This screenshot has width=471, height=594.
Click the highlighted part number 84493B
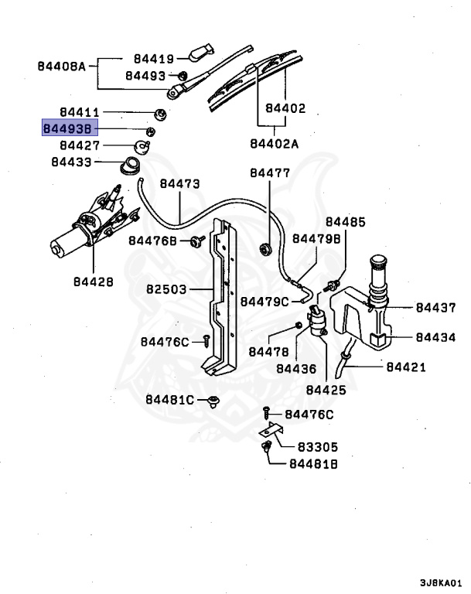coord(70,128)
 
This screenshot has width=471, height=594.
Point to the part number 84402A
coord(274,143)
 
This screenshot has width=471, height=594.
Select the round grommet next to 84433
coord(131,164)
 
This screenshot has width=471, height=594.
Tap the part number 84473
coord(179,184)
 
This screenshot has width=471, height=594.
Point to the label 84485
coord(345,223)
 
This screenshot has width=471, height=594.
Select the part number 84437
coord(435,308)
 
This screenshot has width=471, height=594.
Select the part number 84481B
coord(315,464)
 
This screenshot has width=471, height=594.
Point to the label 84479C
coord(265,301)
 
